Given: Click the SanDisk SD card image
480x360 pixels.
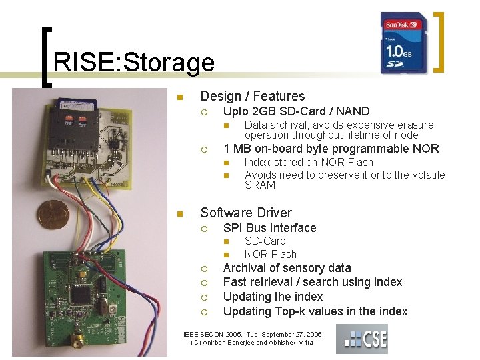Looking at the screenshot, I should (404, 43).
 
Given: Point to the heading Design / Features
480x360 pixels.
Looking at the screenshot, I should (252, 97).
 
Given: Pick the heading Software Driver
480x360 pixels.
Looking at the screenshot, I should (245, 213).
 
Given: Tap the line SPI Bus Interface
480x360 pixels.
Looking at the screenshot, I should (269, 228).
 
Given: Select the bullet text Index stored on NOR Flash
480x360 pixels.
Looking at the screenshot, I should (309, 162).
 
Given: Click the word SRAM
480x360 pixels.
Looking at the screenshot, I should (260, 185).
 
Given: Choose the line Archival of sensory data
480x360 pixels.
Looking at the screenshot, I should (287, 268).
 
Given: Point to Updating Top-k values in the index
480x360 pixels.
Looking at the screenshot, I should (315, 311).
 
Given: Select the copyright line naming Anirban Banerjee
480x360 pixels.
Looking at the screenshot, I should (253, 343).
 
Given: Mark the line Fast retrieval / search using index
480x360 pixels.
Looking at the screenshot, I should (312, 282).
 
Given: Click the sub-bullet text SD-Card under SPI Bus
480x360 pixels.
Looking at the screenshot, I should (265, 241).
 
